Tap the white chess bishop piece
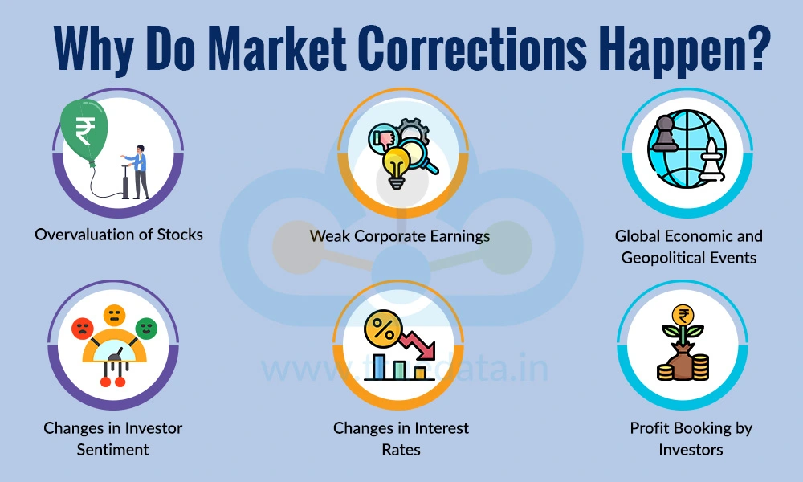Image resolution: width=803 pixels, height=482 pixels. (x=711, y=161)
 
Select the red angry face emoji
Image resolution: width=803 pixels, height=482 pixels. (x=82, y=328)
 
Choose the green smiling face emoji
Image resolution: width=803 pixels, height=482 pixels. (x=145, y=327)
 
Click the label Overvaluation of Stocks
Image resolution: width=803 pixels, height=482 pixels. (x=118, y=235)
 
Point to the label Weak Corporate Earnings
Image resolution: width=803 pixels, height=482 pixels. (x=400, y=236)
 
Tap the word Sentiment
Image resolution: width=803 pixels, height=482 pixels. (x=113, y=449)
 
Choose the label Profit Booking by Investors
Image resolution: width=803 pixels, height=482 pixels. (x=691, y=439)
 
